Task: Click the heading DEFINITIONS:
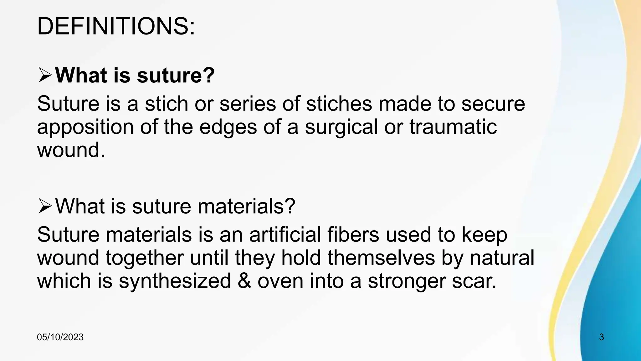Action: point(116,26)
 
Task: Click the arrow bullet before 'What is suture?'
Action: point(45,76)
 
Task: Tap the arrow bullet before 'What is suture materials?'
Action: point(45,207)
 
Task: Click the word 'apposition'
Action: point(85,127)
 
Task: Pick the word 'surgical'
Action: point(341,127)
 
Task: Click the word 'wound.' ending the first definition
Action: point(71,150)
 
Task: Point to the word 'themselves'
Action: point(381,258)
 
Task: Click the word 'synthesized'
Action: point(175,281)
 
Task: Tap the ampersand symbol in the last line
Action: point(244,281)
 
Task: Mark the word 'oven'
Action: point(280,281)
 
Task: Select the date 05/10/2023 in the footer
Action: point(60,337)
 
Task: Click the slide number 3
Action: point(601,337)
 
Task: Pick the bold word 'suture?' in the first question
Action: point(176,76)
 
